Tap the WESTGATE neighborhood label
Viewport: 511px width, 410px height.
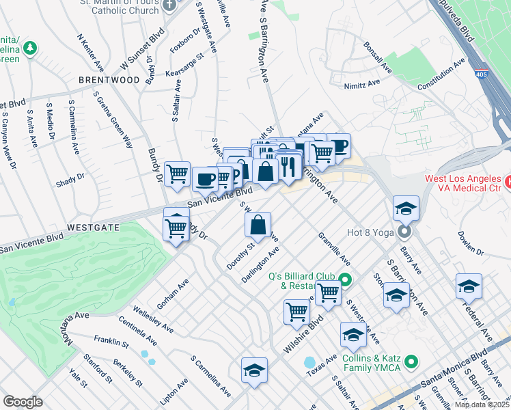click(x=94, y=226)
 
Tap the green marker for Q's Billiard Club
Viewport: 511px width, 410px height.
click(x=345, y=279)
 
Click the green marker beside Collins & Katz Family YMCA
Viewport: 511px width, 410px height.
click(x=411, y=360)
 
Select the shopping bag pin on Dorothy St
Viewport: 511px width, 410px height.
click(x=258, y=225)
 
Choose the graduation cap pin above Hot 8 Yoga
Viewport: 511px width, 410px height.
click(x=406, y=209)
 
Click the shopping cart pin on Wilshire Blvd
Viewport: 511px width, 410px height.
click(x=297, y=312)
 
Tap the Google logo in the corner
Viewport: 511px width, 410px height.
click(x=22, y=402)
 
